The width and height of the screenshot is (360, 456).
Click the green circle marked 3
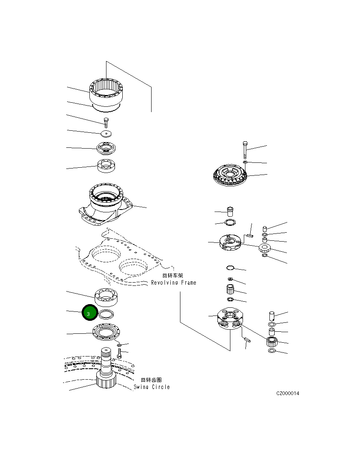[x=89, y=313]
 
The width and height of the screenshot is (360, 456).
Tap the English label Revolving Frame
[x=173, y=283]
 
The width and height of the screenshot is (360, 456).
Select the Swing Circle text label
[x=152, y=387]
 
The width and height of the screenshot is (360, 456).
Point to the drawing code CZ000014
[x=287, y=393]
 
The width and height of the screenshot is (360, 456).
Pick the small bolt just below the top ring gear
[x=106, y=122]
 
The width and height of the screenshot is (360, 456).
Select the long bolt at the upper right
[x=245, y=150]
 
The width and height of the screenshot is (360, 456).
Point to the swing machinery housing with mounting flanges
[x=106, y=205]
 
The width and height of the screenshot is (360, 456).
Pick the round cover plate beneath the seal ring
[x=106, y=332]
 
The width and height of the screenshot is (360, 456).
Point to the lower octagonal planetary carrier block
[x=230, y=319]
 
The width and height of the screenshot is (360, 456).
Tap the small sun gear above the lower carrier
[x=230, y=290]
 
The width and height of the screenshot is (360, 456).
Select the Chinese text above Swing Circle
[x=151, y=380]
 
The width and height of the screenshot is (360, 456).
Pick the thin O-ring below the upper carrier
[x=230, y=268]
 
